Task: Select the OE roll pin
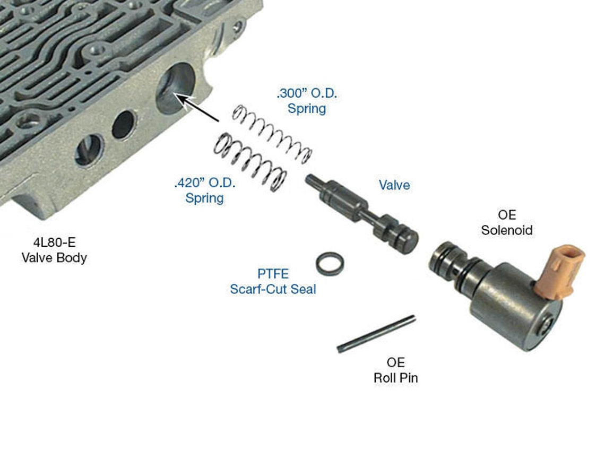tap(376, 334)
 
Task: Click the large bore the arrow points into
tap(175, 88)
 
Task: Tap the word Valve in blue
tap(394, 185)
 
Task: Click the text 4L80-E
tap(54, 244)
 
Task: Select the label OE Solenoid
tap(506, 223)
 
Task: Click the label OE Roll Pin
tap(395, 370)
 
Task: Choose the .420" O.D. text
tap(205, 184)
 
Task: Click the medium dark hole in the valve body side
tap(123, 125)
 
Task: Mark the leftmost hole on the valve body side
tap(89, 150)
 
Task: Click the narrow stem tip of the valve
tap(313, 181)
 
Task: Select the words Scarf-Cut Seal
tap(273, 290)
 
